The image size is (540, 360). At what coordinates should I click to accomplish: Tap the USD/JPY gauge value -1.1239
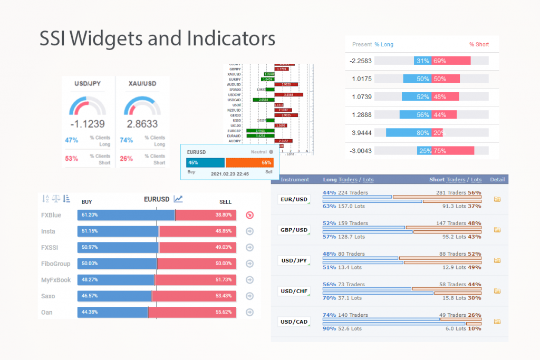(x=88, y=124)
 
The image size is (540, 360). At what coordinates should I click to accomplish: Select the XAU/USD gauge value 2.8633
(x=142, y=124)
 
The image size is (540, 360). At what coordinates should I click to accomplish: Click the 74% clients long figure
(x=127, y=140)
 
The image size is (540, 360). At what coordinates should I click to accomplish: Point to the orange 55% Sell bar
(x=249, y=162)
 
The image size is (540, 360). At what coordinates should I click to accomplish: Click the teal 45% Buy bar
(x=205, y=162)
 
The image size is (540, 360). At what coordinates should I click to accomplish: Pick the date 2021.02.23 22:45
(x=230, y=173)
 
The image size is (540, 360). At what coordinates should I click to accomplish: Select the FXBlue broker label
(x=52, y=215)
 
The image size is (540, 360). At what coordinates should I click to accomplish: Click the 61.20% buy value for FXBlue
(x=89, y=215)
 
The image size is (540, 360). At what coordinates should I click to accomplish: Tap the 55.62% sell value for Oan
(x=224, y=313)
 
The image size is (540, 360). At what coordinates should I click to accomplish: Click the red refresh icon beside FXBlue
(x=249, y=215)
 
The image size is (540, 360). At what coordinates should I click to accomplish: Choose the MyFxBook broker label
(x=55, y=280)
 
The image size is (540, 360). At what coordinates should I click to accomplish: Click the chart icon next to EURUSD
(x=178, y=199)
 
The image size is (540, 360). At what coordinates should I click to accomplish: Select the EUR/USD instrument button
(x=294, y=199)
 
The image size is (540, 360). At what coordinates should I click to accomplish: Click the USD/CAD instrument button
(x=294, y=322)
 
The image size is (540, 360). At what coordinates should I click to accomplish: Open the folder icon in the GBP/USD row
(x=496, y=230)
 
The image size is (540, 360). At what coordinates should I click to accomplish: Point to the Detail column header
(x=497, y=180)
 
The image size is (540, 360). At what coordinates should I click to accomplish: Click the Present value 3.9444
(x=361, y=133)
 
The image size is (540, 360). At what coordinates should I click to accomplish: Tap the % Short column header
(x=479, y=45)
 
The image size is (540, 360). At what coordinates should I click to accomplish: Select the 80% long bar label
(x=422, y=133)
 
